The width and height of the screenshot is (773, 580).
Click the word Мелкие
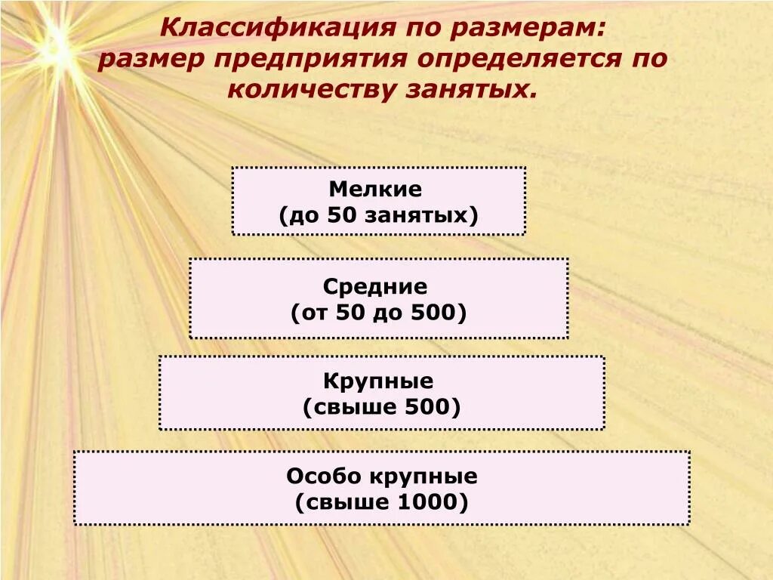point(375,190)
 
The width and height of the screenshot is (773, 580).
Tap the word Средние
point(375,287)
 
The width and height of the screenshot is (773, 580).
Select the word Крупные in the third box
point(378,381)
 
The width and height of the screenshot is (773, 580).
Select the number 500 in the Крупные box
point(427,408)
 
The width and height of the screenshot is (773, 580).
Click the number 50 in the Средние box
point(350,313)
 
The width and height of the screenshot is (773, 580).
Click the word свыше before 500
point(346,408)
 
